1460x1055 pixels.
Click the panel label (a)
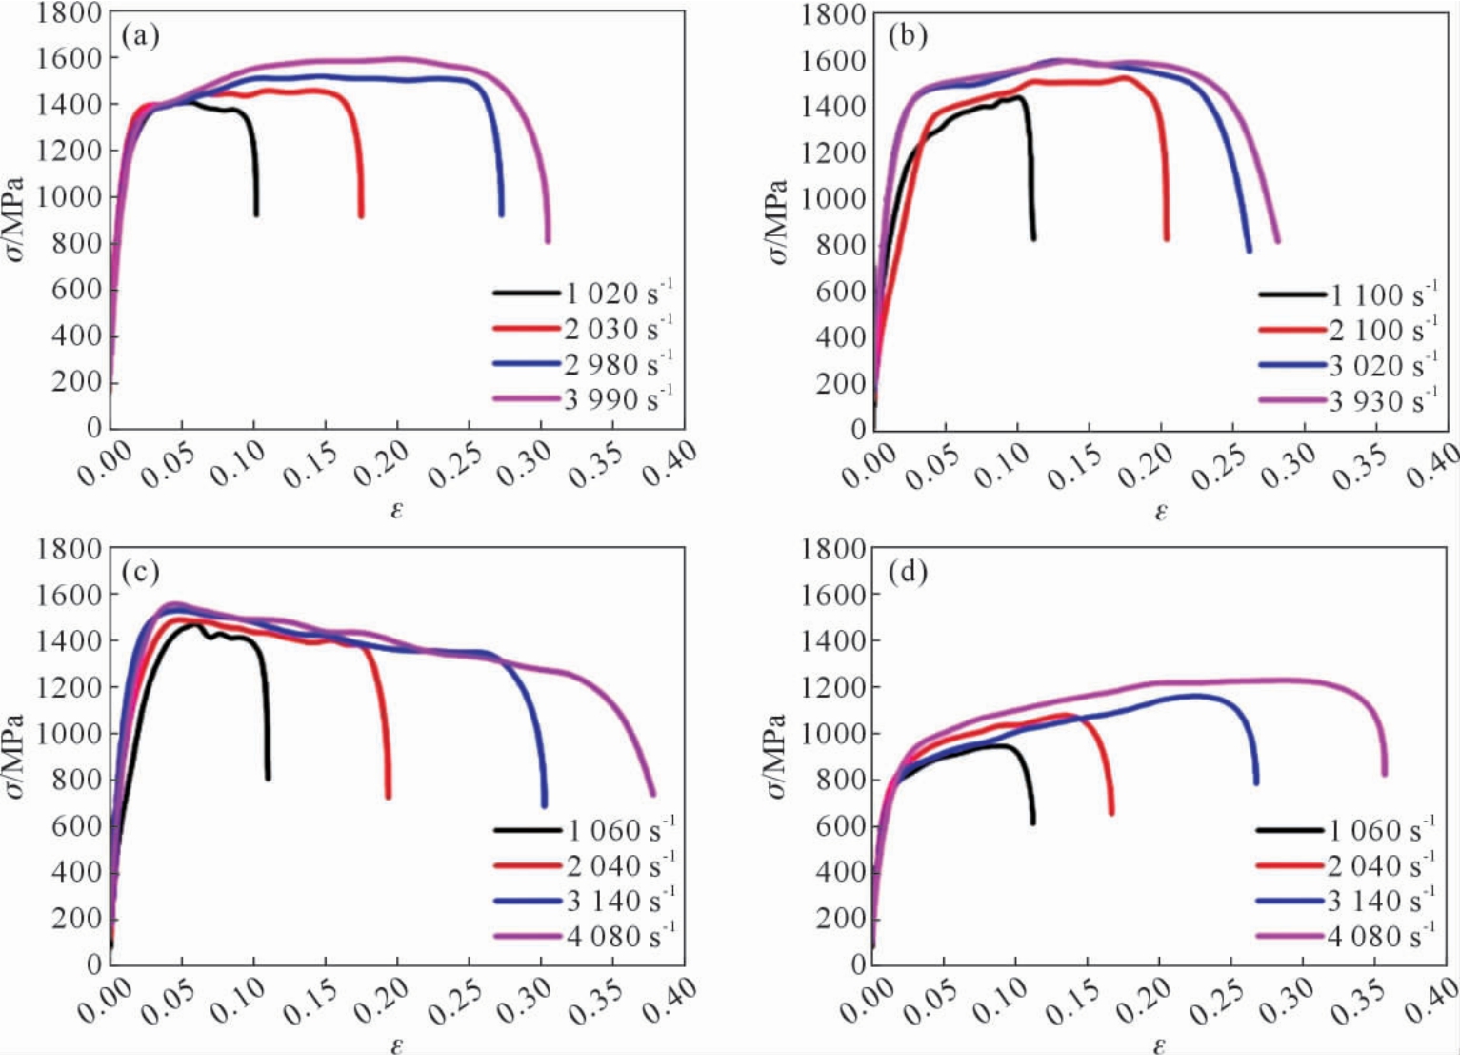(140, 37)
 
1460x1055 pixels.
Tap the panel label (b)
(908, 37)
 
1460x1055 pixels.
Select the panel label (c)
(140, 572)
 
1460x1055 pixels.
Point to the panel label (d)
(908, 572)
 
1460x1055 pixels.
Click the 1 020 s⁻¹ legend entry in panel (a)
(583, 294)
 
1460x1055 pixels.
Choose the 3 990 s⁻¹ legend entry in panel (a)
(583, 398)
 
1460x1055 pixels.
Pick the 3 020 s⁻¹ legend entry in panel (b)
(1348, 365)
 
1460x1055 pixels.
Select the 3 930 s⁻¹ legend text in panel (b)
(1383, 400)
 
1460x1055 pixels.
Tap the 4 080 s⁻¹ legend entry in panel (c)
(585, 936)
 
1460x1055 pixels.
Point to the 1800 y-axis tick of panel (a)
(69, 13)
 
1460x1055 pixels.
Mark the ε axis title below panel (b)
(1161, 511)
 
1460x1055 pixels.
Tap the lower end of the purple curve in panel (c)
(652, 794)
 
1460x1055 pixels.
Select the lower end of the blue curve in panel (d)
(1255, 781)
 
